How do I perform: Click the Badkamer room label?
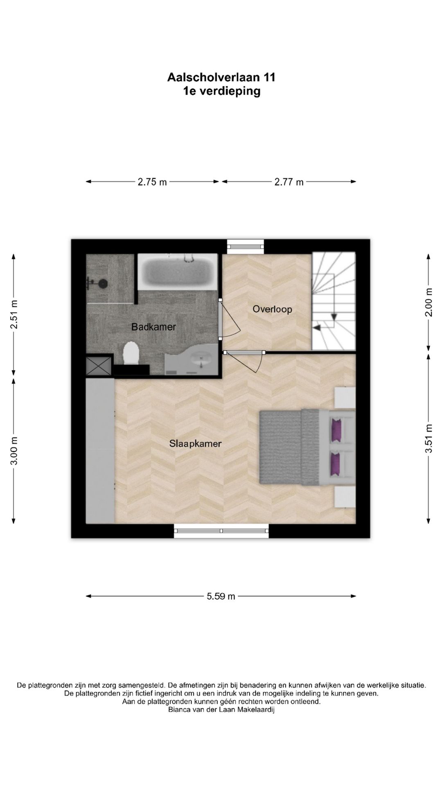pyautogui.click(x=153, y=327)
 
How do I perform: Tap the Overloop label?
pyautogui.click(x=272, y=309)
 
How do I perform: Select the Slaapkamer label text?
pyautogui.click(x=196, y=443)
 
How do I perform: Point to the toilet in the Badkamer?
pyautogui.click(x=131, y=353)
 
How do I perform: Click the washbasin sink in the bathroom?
pyautogui.click(x=201, y=360)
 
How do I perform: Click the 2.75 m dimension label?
pyautogui.click(x=152, y=182)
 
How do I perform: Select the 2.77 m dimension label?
pyautogui.click(x=289, y=182)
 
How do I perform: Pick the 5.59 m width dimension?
pyautogui.click(x=221, y=596)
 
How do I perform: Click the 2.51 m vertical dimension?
pyautogui.click(x=14, y=314)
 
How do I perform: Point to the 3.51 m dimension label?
pyautogui.click(x=428, y=438)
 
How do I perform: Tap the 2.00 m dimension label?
pyautogui.click(x=428, y=303)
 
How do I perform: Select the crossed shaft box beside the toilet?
pyautogui.click(x=98, y=365)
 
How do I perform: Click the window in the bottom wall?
pyautogui.click(x=221, y=531)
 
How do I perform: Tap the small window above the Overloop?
pyautogui.click(x=246, y=246)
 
